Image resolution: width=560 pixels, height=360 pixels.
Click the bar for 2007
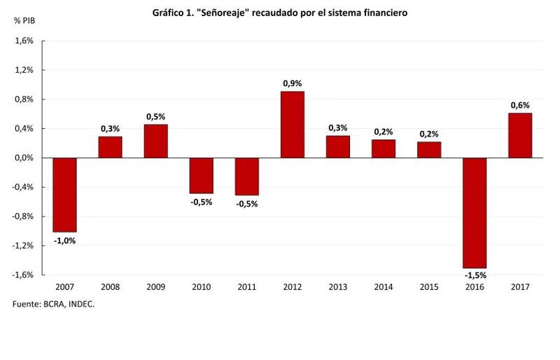(x=64, y=195)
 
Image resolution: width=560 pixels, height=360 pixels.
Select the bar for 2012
(x=292, y=125)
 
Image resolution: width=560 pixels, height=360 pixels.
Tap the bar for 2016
(x=474, y=212)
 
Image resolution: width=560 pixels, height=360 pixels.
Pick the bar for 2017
(x=519, y=135)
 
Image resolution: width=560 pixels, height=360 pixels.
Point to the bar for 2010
(x=201, y=175)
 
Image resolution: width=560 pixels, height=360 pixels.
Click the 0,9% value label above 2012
(x=292, y=83)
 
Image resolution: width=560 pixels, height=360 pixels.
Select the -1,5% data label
(x=474, y=275)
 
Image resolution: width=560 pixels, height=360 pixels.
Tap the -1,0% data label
(x=64, y=240)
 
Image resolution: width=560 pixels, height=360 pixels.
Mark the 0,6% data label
(x=519, y=105)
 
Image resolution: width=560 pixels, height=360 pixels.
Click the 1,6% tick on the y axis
(x=24, y=41)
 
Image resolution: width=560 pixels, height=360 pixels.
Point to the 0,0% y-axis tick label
(x=24, y=158)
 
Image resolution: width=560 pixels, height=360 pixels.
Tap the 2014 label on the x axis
(x=383, y=287)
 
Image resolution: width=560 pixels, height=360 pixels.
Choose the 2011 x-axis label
(x=246, y=287)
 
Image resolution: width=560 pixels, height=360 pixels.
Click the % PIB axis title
(x=24, y=20)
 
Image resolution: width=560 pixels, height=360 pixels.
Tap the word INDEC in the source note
(x=80, y=304)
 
